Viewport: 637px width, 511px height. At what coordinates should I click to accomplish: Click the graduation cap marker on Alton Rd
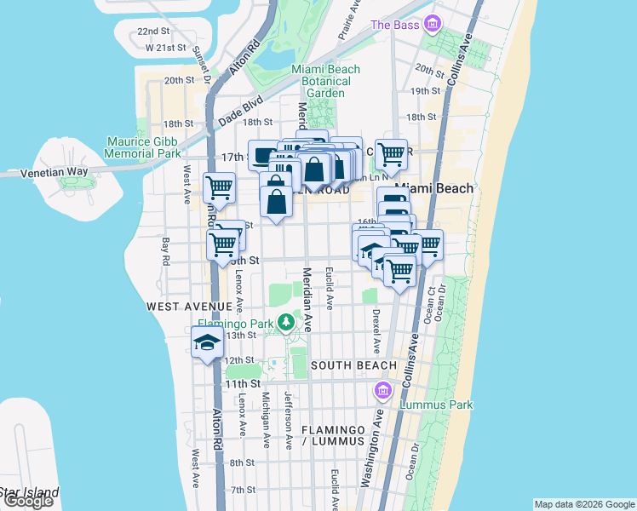click(x=207, y=344)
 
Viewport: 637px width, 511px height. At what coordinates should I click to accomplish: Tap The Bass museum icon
click(x=433, y=23)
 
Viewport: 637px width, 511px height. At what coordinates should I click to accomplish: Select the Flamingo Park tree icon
click(x=288, y=323)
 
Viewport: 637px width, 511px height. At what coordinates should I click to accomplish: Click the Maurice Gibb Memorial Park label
click(x=143, y=147)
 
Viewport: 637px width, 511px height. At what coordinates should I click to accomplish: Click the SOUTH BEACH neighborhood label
click(x=353, y=365)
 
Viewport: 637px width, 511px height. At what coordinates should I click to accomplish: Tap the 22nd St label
click(x=153, y=32)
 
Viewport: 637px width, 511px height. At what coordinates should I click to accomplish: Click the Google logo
click(x=28, y=501)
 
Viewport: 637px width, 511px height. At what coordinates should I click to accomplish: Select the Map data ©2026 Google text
click(x=583, y=504)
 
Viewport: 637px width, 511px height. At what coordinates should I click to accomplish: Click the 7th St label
click(x=242, y=490)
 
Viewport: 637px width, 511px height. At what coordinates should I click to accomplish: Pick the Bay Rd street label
click(x=166, y=251)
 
